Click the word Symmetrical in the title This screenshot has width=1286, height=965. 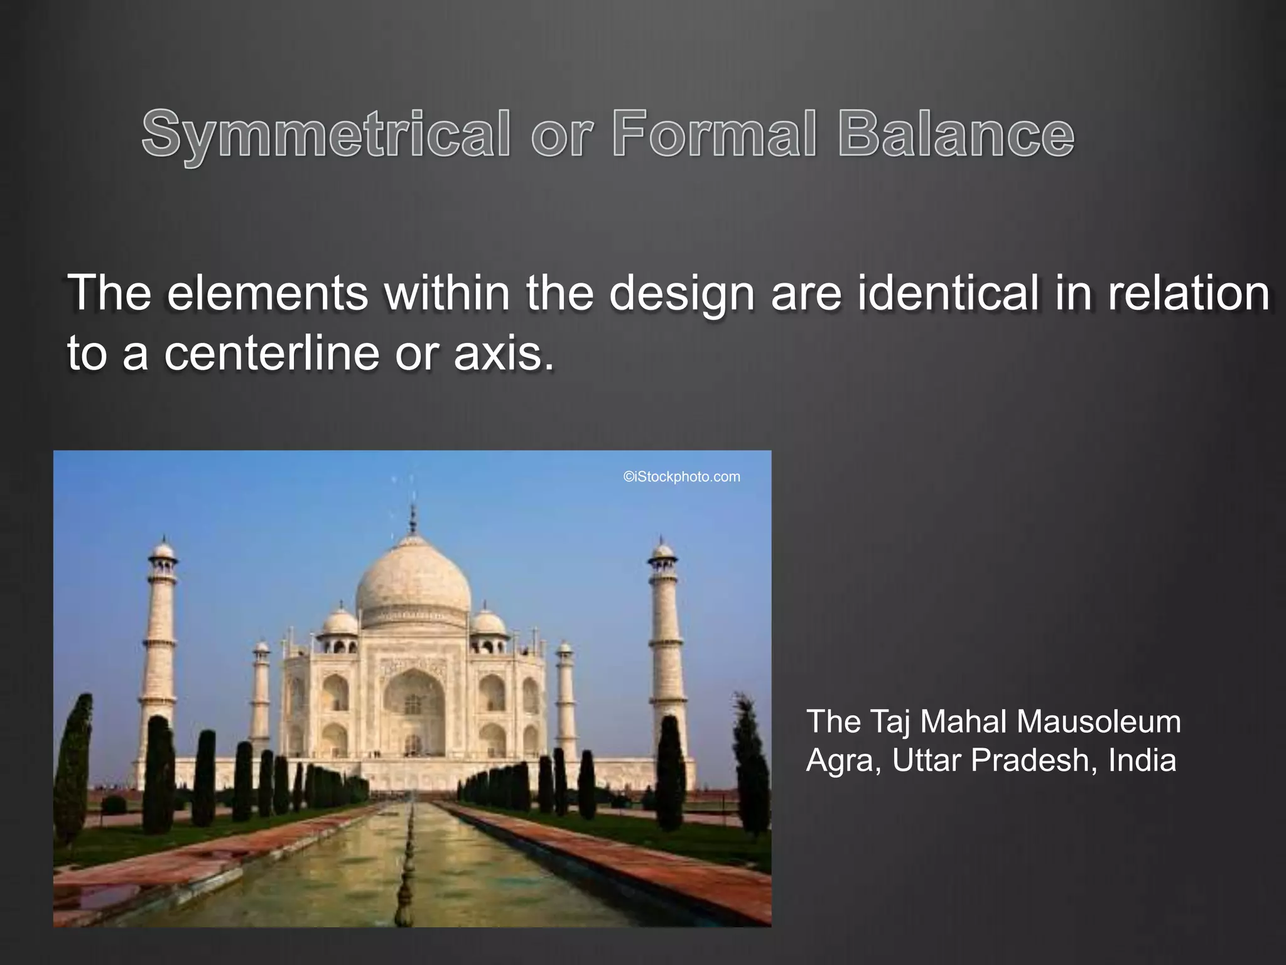(x=326, y=134)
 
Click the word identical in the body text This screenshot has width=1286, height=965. (x=948, y=293)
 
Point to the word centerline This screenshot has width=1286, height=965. (x=272, y=352)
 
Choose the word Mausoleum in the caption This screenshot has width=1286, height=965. (x=1099, y=721)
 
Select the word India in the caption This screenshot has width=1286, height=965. (x=1142, y=760)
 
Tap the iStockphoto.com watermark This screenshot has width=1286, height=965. (x=681, y=477)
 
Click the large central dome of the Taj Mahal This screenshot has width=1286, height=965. (x=413, y=581)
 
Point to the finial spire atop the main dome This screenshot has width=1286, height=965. (x=413, y=518)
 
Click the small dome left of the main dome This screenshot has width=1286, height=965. (x=340, y=621)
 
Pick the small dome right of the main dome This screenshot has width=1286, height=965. (x=488, y=621)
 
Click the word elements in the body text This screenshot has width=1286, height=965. (x=267, y=293)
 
